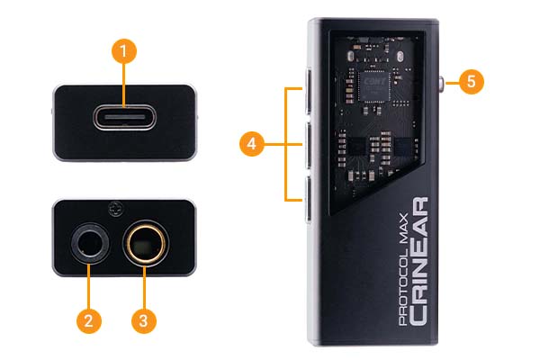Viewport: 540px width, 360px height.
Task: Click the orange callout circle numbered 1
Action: (124, 51)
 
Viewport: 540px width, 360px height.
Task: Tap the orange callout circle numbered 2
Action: (89, 320)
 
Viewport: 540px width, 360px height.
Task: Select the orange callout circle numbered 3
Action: (144, 320)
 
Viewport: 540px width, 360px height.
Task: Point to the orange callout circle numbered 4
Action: (252, 144)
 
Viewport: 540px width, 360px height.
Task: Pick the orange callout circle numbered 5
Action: (471, 82)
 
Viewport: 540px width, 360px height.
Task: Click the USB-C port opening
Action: (125, 118)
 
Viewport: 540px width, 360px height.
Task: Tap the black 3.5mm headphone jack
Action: (90, 244)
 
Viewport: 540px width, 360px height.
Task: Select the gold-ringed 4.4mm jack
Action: (145, 244)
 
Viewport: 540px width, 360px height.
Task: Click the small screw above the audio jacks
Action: (115, 210)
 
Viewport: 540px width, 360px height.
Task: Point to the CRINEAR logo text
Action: (418, 261)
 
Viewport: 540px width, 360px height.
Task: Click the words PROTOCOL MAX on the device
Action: (403, 269)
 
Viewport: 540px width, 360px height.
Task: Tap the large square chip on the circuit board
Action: (374, 85)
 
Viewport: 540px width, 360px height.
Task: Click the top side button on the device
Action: (309, 92)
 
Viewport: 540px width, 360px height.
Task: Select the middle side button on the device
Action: (309, 145)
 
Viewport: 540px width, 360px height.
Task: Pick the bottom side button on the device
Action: (309, 199)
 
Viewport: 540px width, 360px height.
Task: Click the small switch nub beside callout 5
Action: (442, 84)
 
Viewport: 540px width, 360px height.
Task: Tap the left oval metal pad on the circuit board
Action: (351, 56)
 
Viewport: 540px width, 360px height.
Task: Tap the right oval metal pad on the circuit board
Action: (400, 56)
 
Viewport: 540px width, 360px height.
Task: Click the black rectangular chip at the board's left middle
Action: (356, 147)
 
